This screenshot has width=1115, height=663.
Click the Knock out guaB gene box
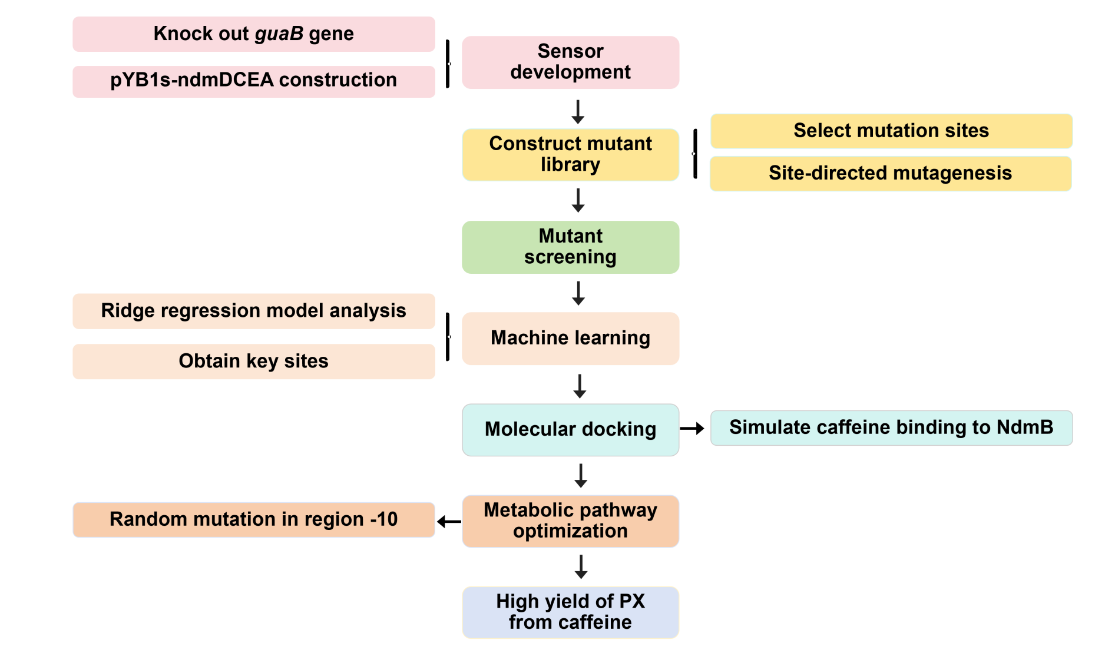pyautogui.click(x=253, y=34)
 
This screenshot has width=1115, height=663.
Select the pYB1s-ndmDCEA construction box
pyautogui.click(x=253, y=81)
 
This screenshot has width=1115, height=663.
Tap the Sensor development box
pyautogui.click(x=570, y=62)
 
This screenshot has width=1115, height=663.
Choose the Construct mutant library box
pyautogui.click(x=570, y=154)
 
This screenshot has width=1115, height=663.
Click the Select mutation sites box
pyautogui.click(x=891, y=131)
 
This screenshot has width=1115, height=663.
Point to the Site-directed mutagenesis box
pyautogui.click(x=890, y=174)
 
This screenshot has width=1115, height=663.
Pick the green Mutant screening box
pyautogui.click(x=570, y=247)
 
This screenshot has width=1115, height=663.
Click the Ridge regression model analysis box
pyautogui.click(x=253, y=311)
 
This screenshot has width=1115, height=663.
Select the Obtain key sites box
pyautogui.click(x=253, y=361)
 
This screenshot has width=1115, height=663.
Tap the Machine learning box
pyautogui.click(x=570, y=339)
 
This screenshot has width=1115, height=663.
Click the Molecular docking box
pyautogui.click(x=570, y=430)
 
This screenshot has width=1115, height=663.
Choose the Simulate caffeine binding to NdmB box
pyautogui.click(x=891, y=428)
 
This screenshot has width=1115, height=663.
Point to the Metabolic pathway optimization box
pyautogui.click(x=570, y=521)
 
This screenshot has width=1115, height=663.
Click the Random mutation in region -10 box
pyautogui.click(x=253, y=519)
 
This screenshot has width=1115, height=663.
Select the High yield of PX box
pyautogui.click(x=570, y=612)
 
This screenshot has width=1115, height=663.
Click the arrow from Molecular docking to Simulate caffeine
pyautogui.click(x=693, y=429)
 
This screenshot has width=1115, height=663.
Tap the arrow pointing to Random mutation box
pyautogui.click(x=449, y=522)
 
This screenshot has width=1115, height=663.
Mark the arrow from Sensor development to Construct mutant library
pyautogui.click(x=578, y=111)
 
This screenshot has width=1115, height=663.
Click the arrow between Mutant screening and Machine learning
pyautogui.click(x=578, y=293)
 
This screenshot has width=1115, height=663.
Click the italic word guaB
pyautogui.click(x=279, y=34)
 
